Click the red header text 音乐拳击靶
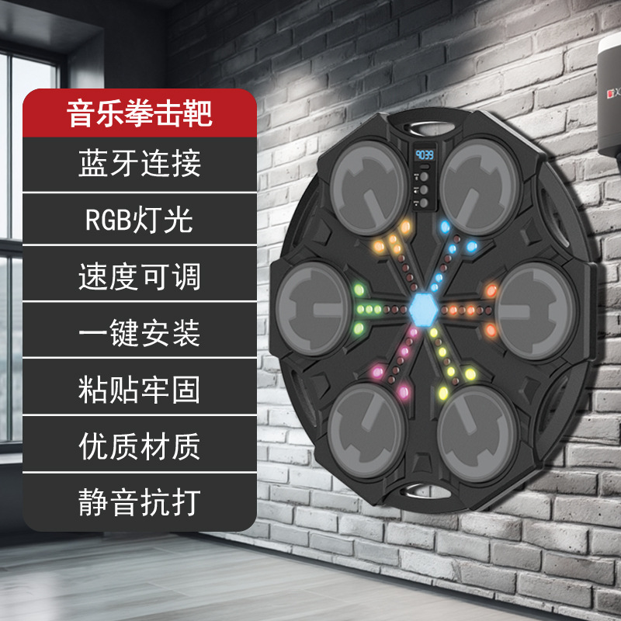[x=140, y=114]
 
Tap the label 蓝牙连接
[x=140, y=164]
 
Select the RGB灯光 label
[x=140, y=220]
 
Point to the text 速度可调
[x=140, y=276]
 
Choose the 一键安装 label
[x=140, y=333]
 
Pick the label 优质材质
[x=140, y=446]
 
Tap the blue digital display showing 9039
[x=425, y=154]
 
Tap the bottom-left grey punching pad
[x=365, y=424]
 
